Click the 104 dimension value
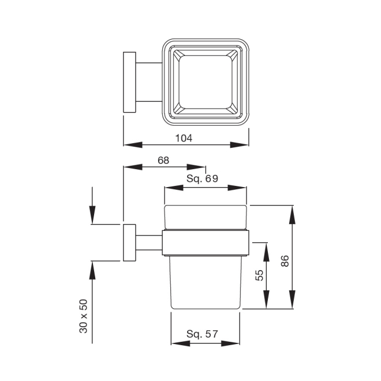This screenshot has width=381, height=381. pos(184,138)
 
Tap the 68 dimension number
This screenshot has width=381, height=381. pos(163,160)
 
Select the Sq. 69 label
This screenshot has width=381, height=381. pos(203,178)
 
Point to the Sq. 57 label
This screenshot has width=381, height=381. pos(202,334)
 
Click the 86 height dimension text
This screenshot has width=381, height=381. pos(285,261)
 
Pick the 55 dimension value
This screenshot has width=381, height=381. pos(259,275)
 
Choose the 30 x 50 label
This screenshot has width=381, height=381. pos(83,316)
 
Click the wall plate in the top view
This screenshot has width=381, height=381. pos(129,82)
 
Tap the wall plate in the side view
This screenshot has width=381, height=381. pos(129,242)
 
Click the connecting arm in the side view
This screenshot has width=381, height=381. pos(149,242)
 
